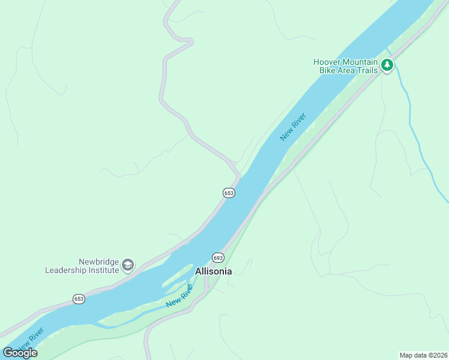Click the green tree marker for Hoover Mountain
pos(387,65)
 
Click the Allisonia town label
pos(213,271)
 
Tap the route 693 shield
pos(218,257)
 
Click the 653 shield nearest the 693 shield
pos(229,193)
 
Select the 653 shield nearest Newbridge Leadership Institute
pos(79,299)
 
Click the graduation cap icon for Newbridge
pos(127,265)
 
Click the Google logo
pos(20,353)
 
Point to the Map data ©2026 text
pos(423,355)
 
